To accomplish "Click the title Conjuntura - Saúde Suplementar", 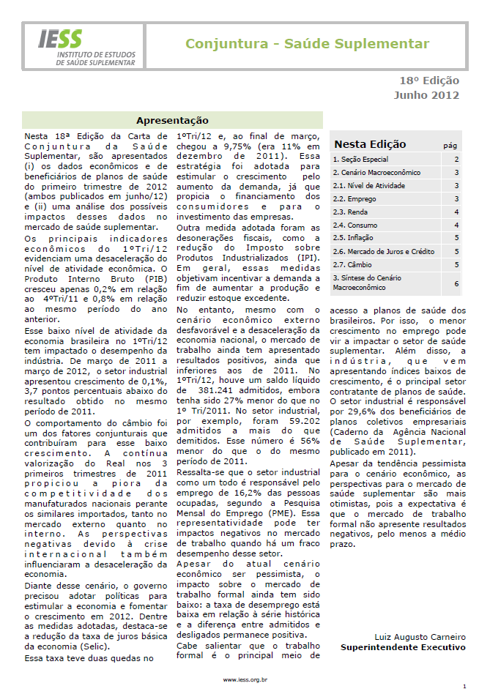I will (307, 44).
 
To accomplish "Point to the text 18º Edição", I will (429, 81).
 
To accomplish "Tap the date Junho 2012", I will (426, 94).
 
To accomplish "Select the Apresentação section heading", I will (172, 120).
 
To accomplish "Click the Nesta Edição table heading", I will (370, 144).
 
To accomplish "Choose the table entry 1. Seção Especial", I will (361, 159).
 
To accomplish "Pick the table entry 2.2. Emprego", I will (354, 198).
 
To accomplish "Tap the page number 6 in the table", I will (456, 283).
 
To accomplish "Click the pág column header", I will (450, 146).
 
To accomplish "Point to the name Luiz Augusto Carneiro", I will (420, 637).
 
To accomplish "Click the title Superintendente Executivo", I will (403, 647).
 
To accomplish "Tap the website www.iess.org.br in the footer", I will (245, 679).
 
